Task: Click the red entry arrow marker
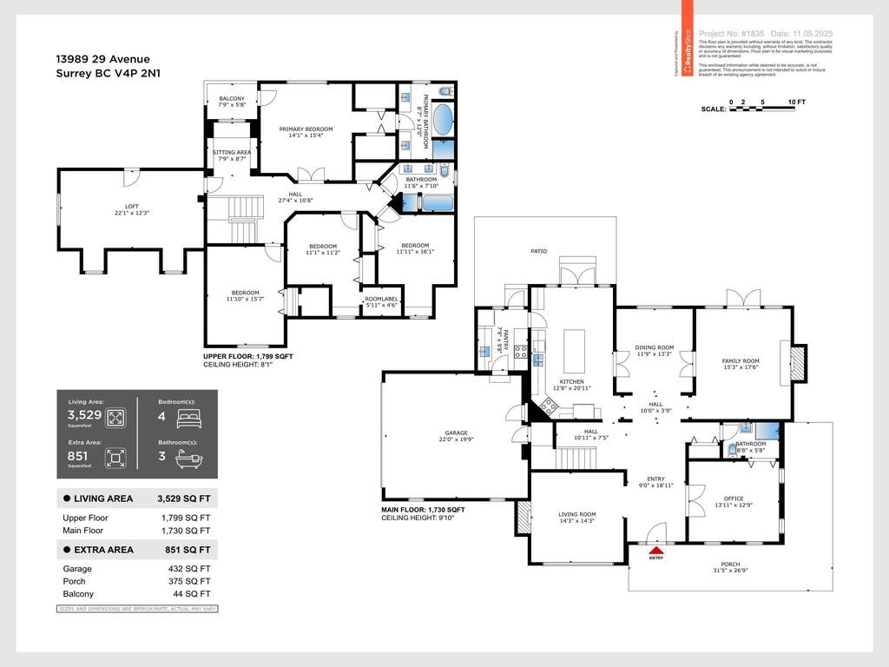coord(656,549)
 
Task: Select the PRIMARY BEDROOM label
coord(306,129)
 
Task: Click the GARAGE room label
coord(456,433)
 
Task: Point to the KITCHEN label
coord(571,382)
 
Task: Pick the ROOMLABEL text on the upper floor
coord(380,299)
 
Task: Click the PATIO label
coord(539,252)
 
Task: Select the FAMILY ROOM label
coord(741,361)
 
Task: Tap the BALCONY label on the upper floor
coord(232,98)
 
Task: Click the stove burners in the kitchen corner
coord(549,404)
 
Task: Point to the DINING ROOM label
coord(655,347)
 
